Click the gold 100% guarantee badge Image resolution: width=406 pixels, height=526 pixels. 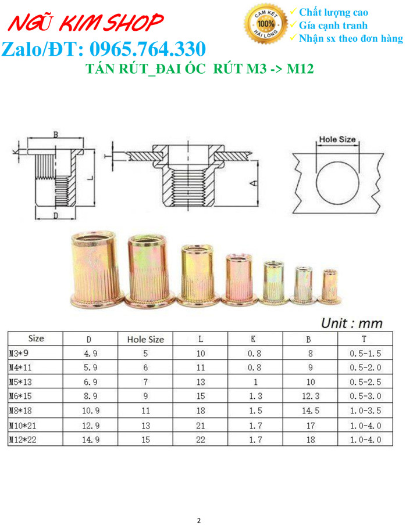pos(266,23)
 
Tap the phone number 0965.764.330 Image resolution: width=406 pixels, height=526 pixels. pos(148,49)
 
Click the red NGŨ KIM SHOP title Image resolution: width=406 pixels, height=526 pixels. pos(86,22)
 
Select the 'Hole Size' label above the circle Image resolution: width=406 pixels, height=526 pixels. pos(337,139)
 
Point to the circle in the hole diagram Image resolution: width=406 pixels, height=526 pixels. pos(337,182)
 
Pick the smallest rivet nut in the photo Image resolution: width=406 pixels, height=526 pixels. pos(329,286)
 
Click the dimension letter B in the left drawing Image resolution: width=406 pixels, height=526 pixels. pos(56,135)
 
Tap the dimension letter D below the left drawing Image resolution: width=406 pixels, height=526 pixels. pos(56,216)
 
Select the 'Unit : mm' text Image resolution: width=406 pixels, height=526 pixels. pos(352,323)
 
